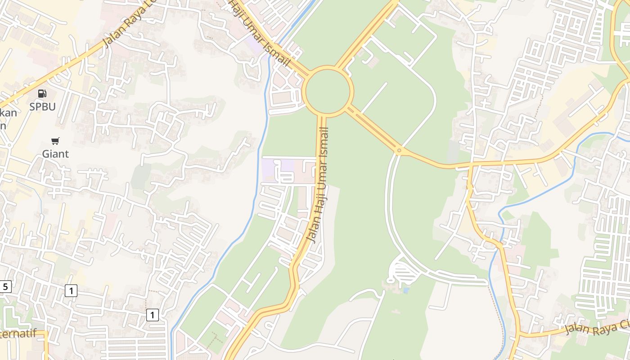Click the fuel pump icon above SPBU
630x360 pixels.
42,94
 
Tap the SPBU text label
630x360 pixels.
42,107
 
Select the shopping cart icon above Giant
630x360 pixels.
55,141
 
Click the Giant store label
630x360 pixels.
55,154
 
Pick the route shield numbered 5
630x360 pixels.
5,287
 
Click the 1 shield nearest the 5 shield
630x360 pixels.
71,291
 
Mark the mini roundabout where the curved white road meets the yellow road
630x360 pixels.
399,150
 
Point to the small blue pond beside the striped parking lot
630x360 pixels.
406,291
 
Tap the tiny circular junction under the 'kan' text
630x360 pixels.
9,145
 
